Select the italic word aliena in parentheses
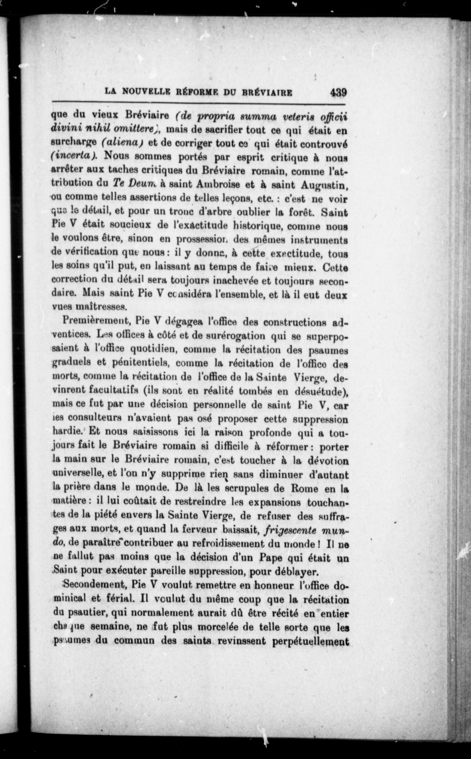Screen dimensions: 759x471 (x=123, y=142)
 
